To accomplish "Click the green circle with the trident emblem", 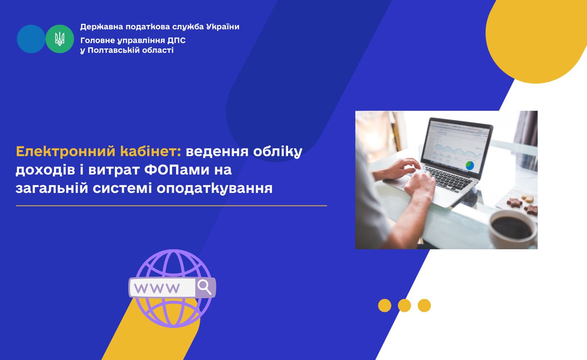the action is click(60, 39).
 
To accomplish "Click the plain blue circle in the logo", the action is click(31, 39).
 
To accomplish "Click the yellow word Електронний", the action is click(66, 151).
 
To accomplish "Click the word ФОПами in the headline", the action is click(177, 170).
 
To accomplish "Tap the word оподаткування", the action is click(214, 189).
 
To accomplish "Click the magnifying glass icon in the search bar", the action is click(204, 287).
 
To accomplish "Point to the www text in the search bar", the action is click(157, 288).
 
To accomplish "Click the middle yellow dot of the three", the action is click(404, 306).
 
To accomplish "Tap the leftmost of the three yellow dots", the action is click(385, 306).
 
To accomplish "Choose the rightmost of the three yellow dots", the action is click(424, 306).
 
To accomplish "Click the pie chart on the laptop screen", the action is click(470, 166).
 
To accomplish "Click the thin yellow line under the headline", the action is click(172, 206).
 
